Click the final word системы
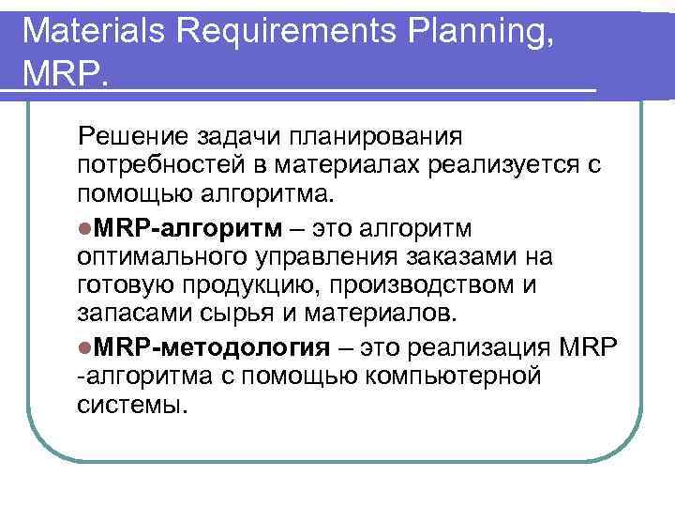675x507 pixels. click(134, 407)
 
